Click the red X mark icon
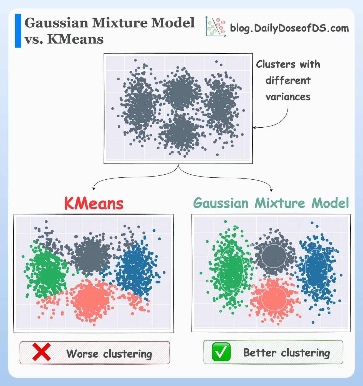tap(42, 352)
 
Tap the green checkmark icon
tap(221, 352)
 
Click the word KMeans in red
tap(94, 204)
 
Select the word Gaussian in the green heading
tap(221, 203)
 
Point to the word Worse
tap(82, 354)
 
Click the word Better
tap(260, 353)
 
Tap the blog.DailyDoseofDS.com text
tap(289, 28)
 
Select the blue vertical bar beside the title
tap(18, 31)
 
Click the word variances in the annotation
tap(288, 97)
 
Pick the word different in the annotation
tap(288, 81)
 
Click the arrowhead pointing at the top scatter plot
tap(254, 128)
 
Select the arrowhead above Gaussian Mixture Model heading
tap(271, 190)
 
